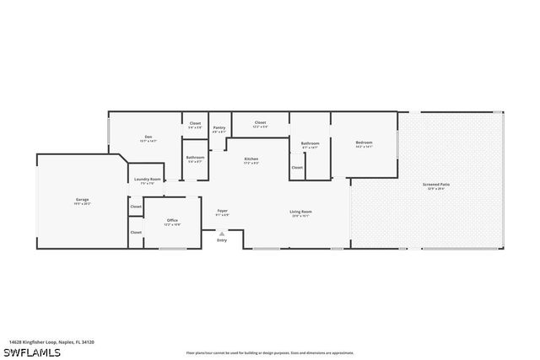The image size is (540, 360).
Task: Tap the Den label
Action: (148, 137)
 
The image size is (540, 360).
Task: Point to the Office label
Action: (172, 221)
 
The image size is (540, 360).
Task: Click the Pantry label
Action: (219, 129)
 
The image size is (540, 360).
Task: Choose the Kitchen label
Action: (251, 159)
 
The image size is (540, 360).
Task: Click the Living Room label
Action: (301, 212)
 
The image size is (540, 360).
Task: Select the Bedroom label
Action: (364, 143)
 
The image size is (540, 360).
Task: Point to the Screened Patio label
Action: (435, 185)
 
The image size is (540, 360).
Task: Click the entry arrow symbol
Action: (222, 234)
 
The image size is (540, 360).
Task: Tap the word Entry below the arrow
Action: (222, 241)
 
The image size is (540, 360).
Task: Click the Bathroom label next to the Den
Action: (195, 158)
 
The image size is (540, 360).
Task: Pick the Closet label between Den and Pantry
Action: (195, 124)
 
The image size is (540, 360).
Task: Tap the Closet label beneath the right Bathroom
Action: (297, 168)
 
